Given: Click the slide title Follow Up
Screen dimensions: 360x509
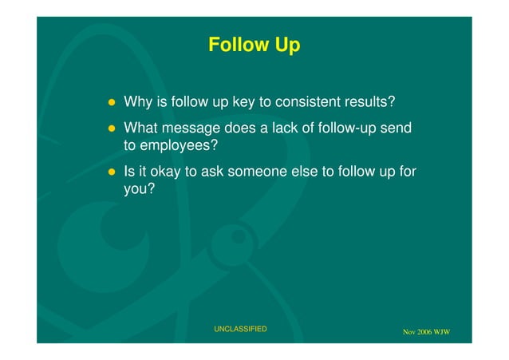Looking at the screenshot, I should tap(254, 45).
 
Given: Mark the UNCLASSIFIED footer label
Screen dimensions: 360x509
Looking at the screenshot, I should tap(240, 329).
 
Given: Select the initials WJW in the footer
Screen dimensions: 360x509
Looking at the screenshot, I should tap(443, 332).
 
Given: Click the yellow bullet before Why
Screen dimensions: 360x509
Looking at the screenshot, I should tap(113, 104).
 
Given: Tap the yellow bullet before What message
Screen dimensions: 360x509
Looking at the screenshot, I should tap(113, 129).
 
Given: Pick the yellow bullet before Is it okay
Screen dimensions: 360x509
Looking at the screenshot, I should tap(113, 172).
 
